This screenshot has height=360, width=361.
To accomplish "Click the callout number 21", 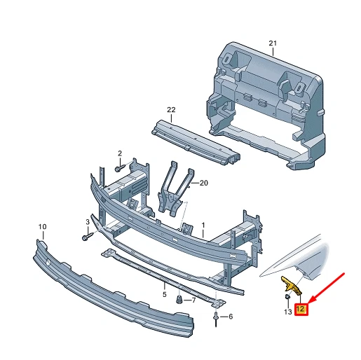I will (273, 43).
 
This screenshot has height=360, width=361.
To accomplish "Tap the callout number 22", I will (170, 109).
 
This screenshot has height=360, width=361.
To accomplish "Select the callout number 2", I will (120, 153).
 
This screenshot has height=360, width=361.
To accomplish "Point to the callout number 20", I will (204, 183).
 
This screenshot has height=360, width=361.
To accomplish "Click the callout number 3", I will (88, 222).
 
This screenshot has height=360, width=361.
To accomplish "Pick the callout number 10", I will (42, 227).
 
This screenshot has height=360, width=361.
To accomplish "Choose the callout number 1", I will (203, 226).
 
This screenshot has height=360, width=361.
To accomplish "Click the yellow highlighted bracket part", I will (291, 285).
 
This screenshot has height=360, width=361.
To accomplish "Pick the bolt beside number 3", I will (88, 237).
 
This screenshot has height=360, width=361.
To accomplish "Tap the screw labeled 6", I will (215, 319).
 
